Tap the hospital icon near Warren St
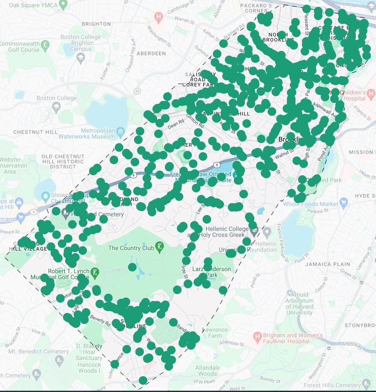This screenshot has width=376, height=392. [159, 17]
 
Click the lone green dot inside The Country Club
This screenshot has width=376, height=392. [132, 267]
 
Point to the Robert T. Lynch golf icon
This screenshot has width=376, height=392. [95, 271]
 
